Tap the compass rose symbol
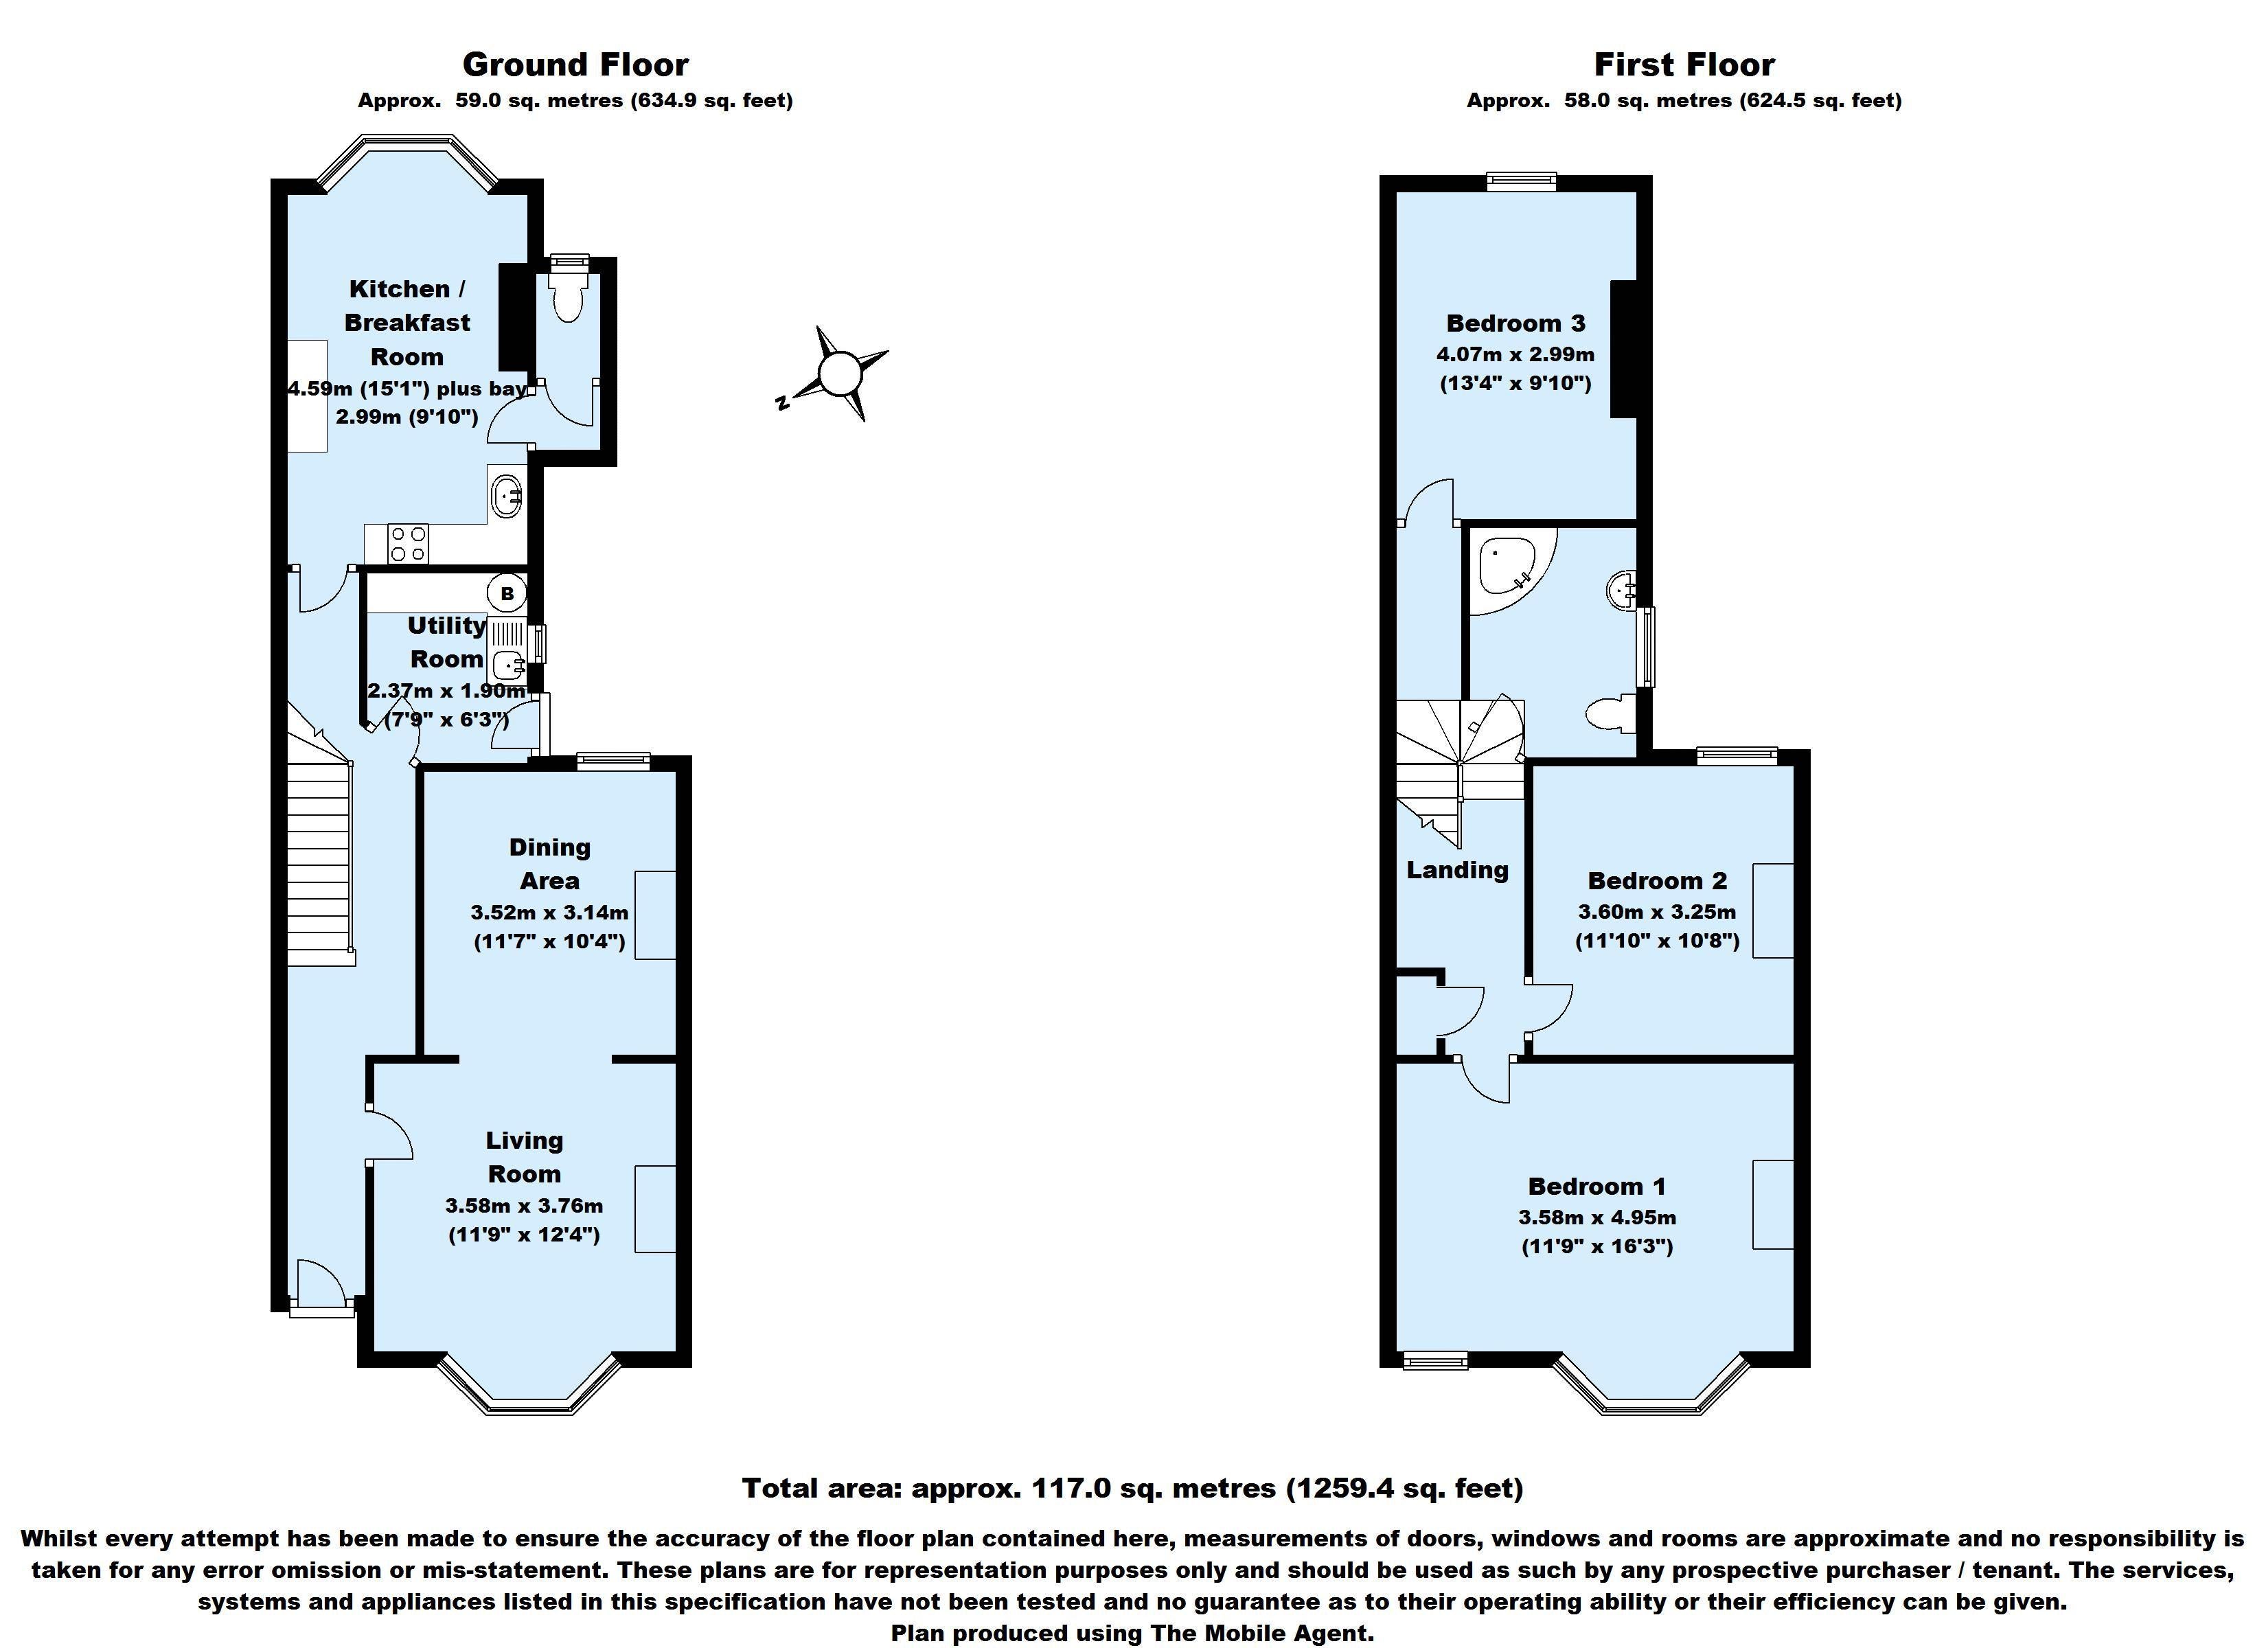pyautogui.click(x=837, y=374)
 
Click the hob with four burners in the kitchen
pyautogui.click(x=409, y=544)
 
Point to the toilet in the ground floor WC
pyautogui.click(x=569, y=292)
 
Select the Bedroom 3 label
pyautogui.click(x=1515, y=323)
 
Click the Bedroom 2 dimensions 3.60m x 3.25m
pyautogui.click(x=1658, y=911)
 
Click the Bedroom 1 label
pyautogui.click(x=1596, y=1187)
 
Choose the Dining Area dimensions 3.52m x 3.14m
pyautogui.click(x=549, y=911)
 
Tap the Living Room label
pyautogui.click(x=525, y=1156)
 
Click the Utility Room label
pyautogui.click(x=446, y=641)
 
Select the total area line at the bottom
pyautogui.click(x=1133, y=1488)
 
